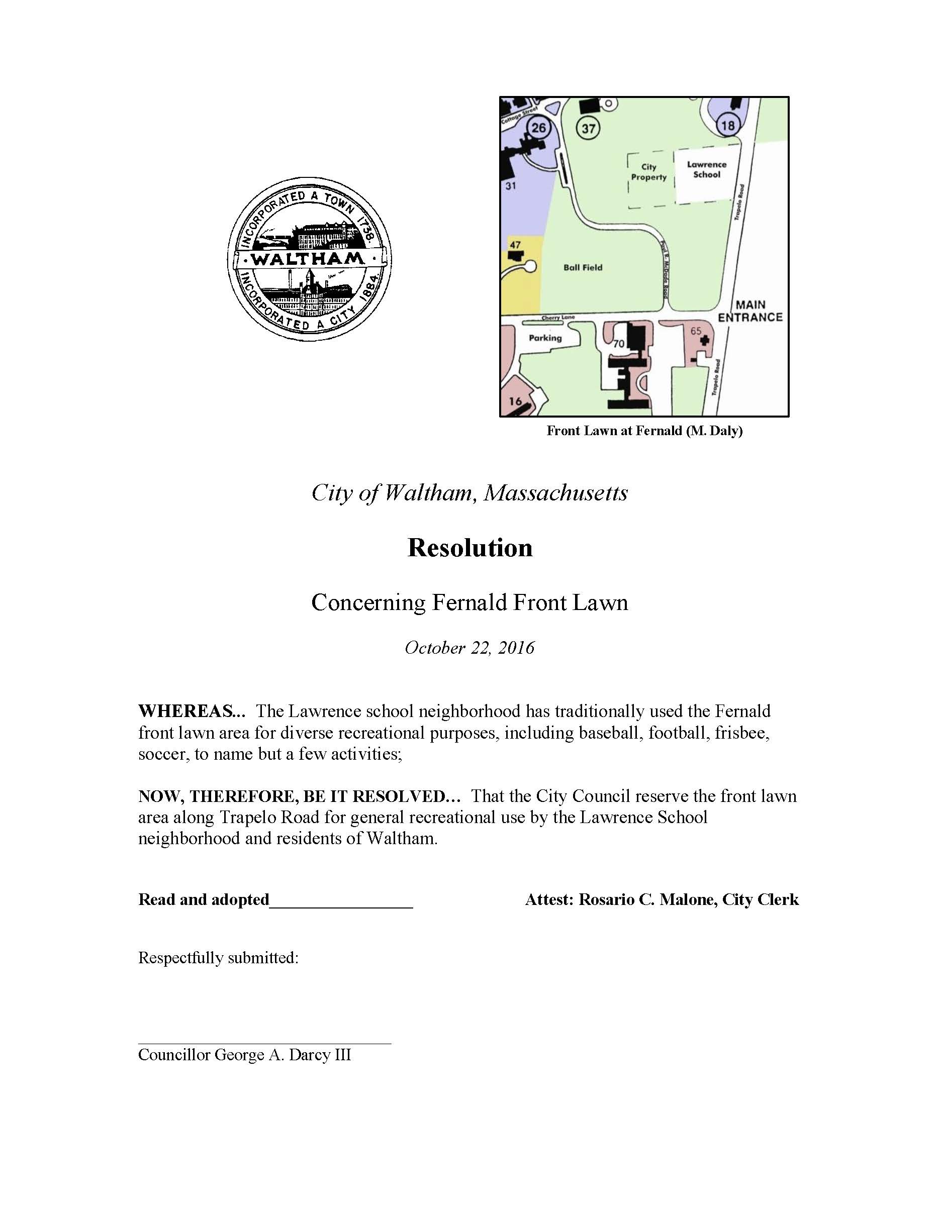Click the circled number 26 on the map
[538, 128]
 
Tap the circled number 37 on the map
[588, 129]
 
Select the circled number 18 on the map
[728, 125]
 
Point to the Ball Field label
[583, 267]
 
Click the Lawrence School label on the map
[706, 169]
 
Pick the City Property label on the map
[648, 171]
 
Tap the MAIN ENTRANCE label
[750, 311]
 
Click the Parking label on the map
[545, 337]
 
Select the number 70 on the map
[619, 344]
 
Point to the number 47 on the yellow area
[515, 244]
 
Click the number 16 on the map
[515, 400]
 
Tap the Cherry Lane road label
[558, 318]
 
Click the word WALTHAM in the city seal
[308, 258]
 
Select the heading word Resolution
[469, 547]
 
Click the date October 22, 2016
[469, 648]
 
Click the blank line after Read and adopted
[341, 901]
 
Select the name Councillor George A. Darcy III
[244, 1055]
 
